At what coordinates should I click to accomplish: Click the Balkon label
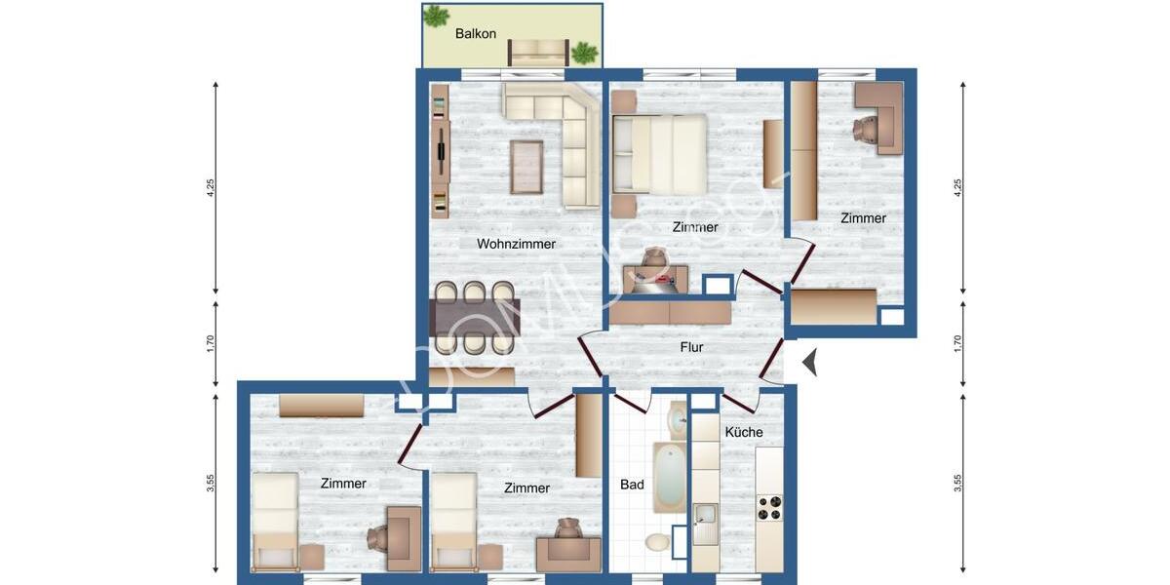476,34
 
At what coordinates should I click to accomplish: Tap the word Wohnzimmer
516,244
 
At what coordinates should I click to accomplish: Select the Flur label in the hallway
691,347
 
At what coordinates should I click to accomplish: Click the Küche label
744,432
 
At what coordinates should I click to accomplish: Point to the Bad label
632,485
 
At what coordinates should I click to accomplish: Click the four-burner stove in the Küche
769,508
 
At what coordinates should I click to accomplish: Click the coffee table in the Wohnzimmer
526,167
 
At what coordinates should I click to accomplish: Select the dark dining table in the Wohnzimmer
475,317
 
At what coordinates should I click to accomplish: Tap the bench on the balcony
539,52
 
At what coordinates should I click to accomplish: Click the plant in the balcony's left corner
437,16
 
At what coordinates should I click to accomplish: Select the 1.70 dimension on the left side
211,344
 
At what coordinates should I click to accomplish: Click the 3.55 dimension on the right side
958,483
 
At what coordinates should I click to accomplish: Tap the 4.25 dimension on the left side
211,188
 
